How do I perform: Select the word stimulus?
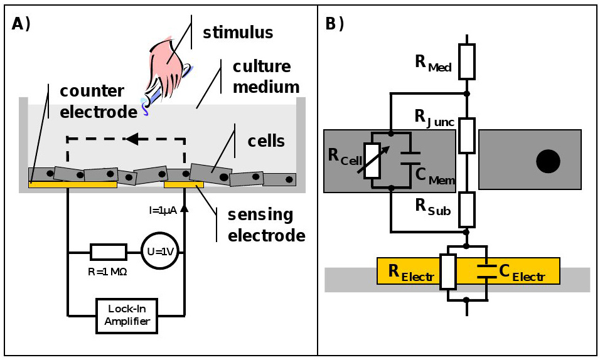[x=238, y=32]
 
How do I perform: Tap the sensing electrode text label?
[x=261, y=225]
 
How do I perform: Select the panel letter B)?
[x=335, y=24]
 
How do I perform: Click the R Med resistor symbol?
[x=466, y=61]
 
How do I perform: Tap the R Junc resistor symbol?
[x=466, y=135]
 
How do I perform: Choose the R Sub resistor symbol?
[x=466, y=209]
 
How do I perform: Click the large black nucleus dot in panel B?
[x=547, y=162]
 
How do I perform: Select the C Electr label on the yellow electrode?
[x=520, y=272]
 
